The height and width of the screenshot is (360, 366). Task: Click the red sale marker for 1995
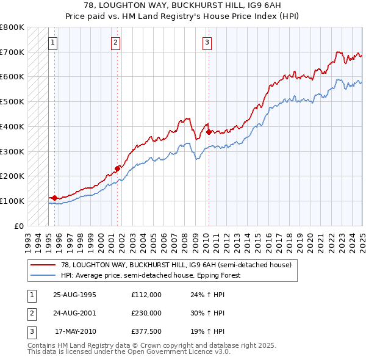pos(55,198)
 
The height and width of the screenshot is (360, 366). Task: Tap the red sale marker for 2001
pos(118,168)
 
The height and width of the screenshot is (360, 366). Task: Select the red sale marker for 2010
pos(209,132)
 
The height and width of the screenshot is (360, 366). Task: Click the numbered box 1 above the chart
pos(53,42)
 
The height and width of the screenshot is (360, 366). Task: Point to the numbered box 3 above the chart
pos(207,42)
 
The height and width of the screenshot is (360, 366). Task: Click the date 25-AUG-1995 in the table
pos(75,295)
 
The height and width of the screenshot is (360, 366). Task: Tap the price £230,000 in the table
pos(146,313)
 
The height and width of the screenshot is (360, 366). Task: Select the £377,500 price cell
pos(146,331)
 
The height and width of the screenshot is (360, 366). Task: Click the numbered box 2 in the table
pos(31,313)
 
